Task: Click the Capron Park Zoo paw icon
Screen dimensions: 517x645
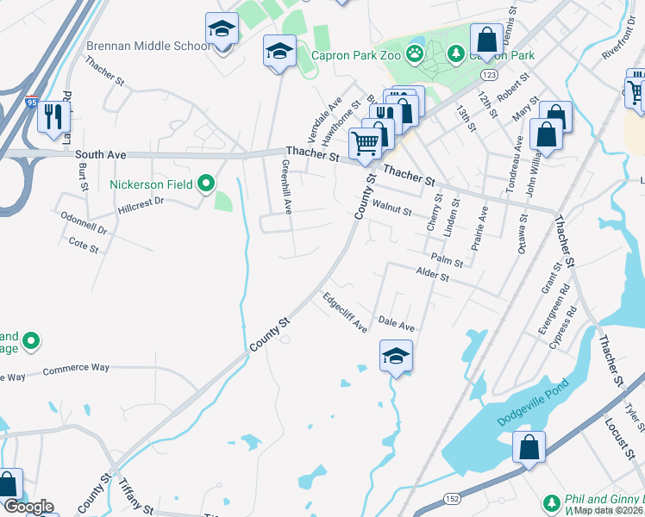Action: pos(416,54)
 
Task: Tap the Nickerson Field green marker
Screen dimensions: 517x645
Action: pos(205,184)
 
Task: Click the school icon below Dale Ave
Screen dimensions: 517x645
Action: pos(396,355)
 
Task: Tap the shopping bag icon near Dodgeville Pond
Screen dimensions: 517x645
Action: pos(529,447)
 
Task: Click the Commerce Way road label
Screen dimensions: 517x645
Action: pos(76,369)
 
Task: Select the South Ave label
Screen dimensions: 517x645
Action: pos(101,155)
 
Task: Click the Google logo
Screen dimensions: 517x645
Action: pos(28,507)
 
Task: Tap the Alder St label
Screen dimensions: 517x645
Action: pos(433,277)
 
